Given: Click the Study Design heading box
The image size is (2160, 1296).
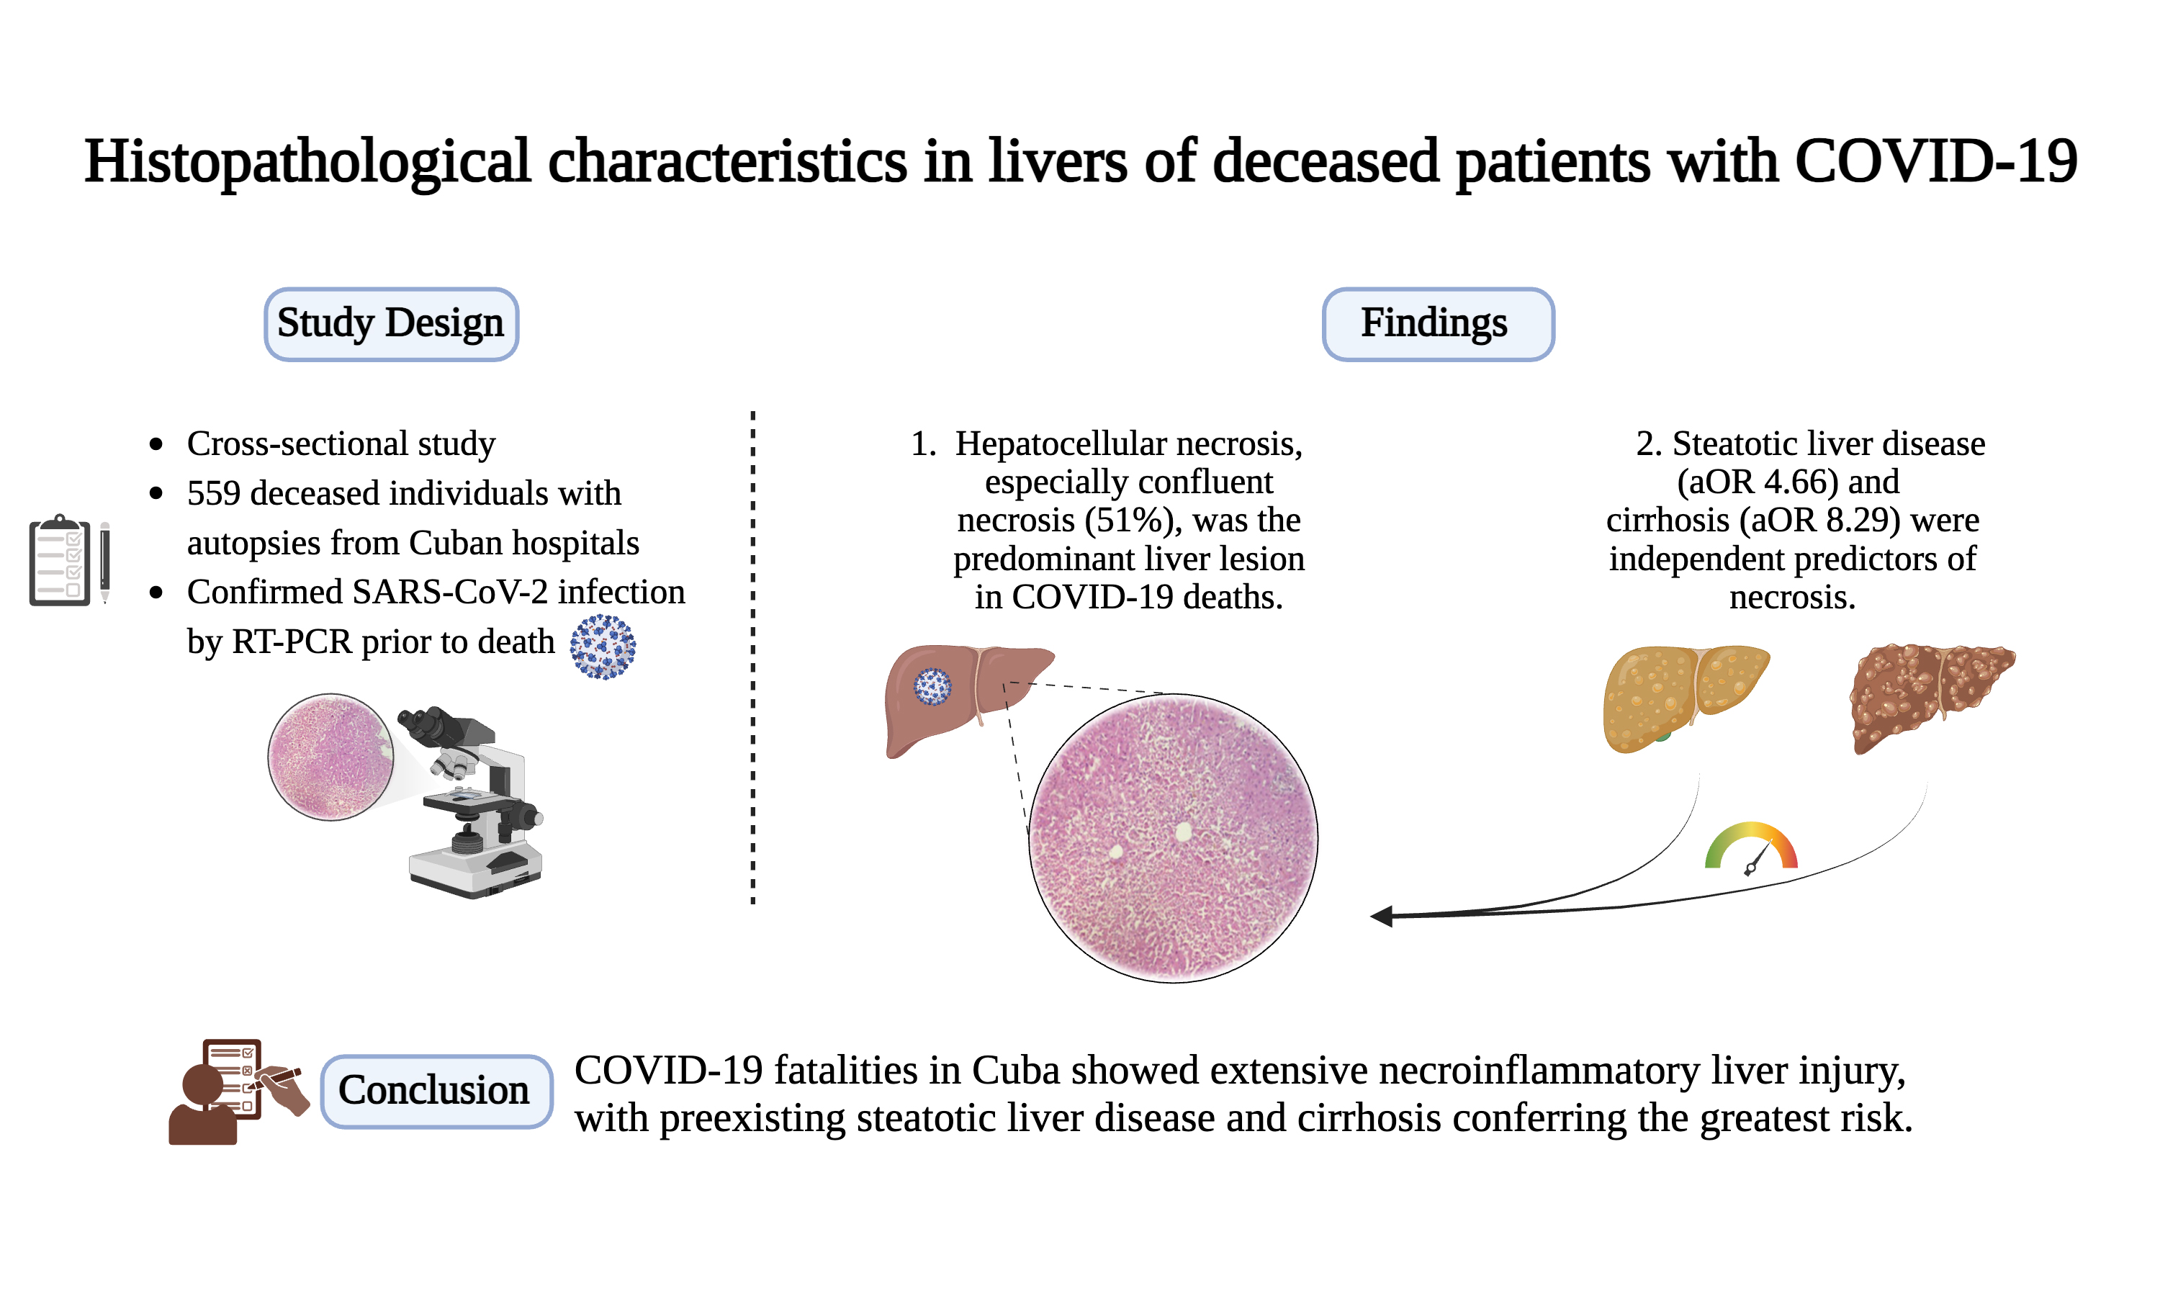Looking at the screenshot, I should point(391,324).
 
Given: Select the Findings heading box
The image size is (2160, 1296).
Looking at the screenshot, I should point(1437,324).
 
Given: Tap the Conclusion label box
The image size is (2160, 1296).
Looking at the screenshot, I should point(436,1091).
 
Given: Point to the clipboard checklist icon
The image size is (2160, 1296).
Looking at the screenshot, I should point(59,561).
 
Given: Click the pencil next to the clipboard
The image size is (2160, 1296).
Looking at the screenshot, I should point(105,562).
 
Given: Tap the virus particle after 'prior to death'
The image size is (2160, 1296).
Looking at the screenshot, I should point(603,647).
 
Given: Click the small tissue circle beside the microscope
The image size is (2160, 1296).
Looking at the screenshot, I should point(330,756).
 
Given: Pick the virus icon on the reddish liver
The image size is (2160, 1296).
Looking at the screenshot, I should point(932,686).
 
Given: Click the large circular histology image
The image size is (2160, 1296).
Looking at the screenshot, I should point(1173,837).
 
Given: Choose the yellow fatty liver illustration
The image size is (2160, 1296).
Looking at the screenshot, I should point(1681,696).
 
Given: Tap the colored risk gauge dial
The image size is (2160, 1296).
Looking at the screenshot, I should point(1750,847).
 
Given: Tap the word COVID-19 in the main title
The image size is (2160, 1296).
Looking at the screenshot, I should point(1935,161).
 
